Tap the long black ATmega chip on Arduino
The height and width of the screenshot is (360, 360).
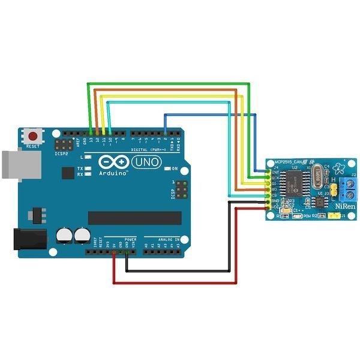point(134,218)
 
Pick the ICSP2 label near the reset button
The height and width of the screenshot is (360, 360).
point(62,154)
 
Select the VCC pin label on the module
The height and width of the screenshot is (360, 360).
point(276,208)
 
